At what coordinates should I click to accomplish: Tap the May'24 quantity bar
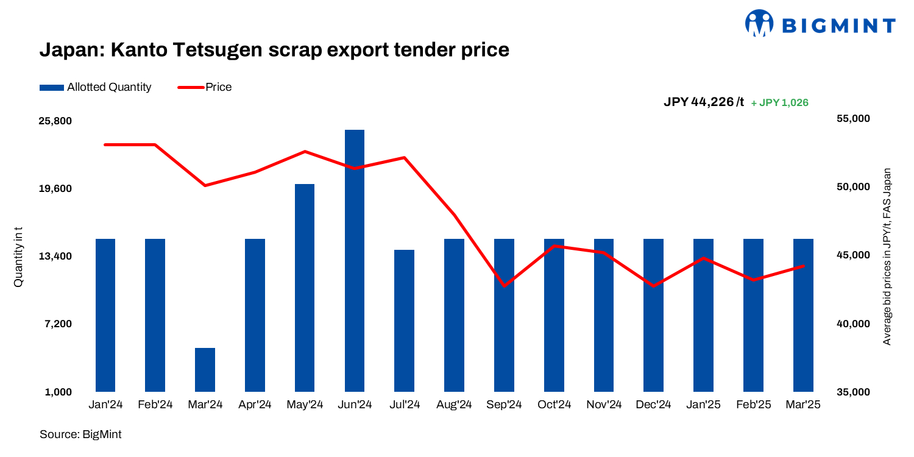pos(305,287)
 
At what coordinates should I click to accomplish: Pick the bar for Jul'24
pos(404,320)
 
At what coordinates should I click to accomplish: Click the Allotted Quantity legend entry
pos(96,87)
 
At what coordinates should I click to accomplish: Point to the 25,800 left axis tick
pos(55,121)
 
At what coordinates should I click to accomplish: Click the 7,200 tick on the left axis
pos(58,324)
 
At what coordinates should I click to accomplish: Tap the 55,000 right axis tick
pos(852,118)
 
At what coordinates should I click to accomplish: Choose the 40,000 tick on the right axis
pos(852,324)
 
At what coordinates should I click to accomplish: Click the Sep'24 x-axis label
pos(504,405)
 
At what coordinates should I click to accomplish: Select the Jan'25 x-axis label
pos(703,405)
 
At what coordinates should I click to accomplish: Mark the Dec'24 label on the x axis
pos(653,405)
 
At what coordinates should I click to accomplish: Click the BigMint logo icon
pos(759,23)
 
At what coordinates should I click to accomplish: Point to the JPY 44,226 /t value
pos(704,102)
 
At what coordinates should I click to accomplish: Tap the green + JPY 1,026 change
pos(779,103)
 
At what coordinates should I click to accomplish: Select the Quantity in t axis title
pos(18,257)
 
